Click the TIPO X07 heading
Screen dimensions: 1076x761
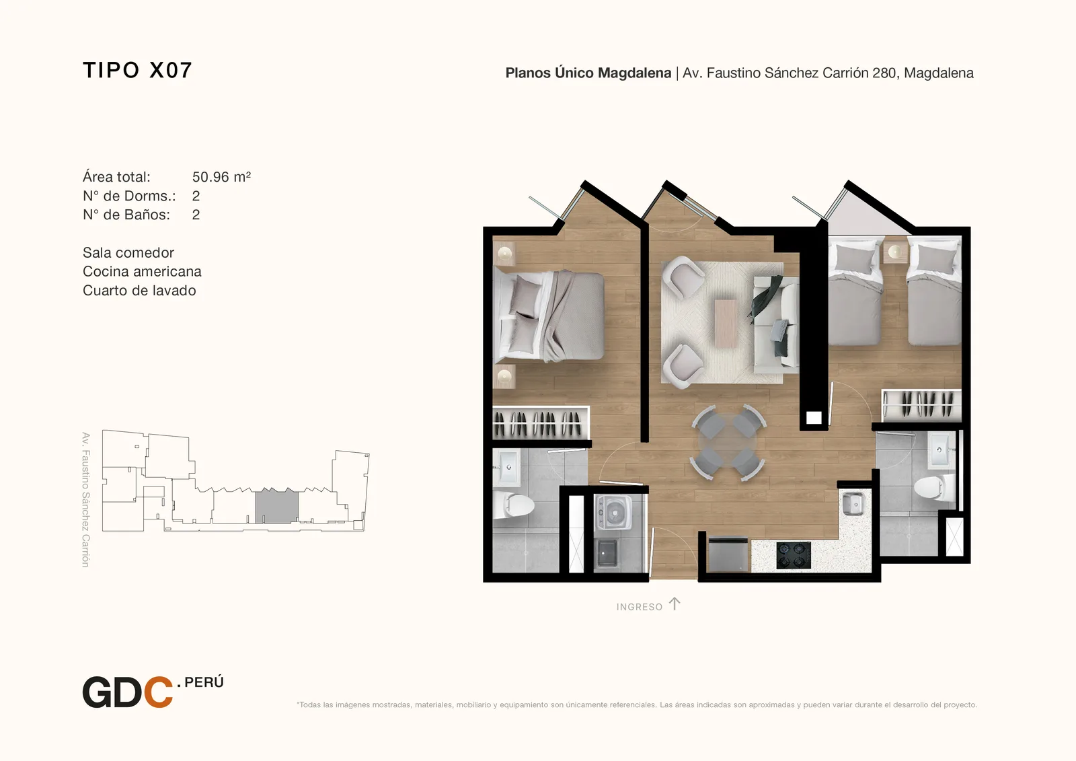click(x=137, y=70)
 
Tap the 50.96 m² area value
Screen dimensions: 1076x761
click(x=221, y=177)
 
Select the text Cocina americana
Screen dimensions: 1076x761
click(x=142, y=272)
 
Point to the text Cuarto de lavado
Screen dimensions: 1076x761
click(x=139, y=291)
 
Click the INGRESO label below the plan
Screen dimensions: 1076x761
click(x=640, y=607)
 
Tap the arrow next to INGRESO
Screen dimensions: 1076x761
click(x=675, y=604)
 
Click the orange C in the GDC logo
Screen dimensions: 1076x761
click(x=158, y=692)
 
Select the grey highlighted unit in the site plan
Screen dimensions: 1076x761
click(x=276, y=506)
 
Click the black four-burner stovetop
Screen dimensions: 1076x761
click(x=794, y=555)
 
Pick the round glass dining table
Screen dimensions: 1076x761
click(x=728, y=443)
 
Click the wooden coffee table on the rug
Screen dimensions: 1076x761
click(x=726, y=323)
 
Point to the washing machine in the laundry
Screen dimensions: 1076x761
click(x=613, y=513)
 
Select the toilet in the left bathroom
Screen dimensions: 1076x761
click(x=518, y=506)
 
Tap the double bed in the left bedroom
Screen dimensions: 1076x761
click(x=549, y=316)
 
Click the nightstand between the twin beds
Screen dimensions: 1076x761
click(x=895, y=252)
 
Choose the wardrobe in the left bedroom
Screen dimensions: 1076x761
click(x=541, y=423)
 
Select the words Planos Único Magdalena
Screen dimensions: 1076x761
click(x=588, y=73)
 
